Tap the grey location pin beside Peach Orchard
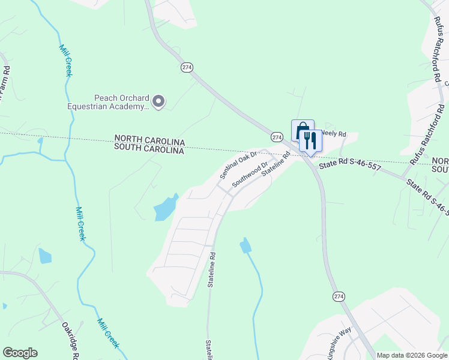[x=158, y=102]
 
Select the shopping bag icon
[x=302, y=130]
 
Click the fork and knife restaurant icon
[x=310, y=141]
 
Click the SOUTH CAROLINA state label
[x=149, y=151]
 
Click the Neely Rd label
[x=335, y=133]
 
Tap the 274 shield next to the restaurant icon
[x=277, y=137]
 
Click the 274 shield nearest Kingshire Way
[x=339, y=296]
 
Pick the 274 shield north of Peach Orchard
[x=187, y=68]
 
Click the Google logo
[x=20, y=353]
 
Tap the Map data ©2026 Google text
[x=411, y=355]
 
